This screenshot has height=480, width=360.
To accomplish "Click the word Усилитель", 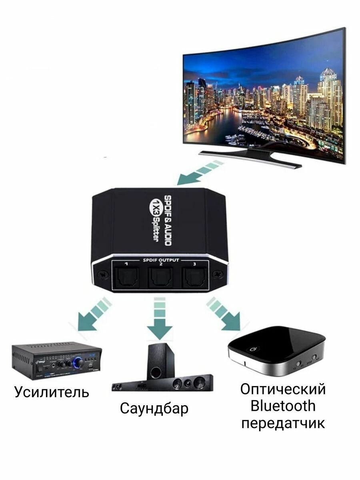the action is pos(52,392).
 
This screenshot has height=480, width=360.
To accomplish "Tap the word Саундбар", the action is pos(154,408).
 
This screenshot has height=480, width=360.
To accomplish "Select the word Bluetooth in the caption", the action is pos(283,406).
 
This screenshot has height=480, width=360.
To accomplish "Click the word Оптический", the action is pos(283,389).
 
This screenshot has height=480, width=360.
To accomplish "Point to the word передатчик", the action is pos(283,424).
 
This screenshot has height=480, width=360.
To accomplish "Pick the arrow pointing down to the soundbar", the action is pos(160,320).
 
